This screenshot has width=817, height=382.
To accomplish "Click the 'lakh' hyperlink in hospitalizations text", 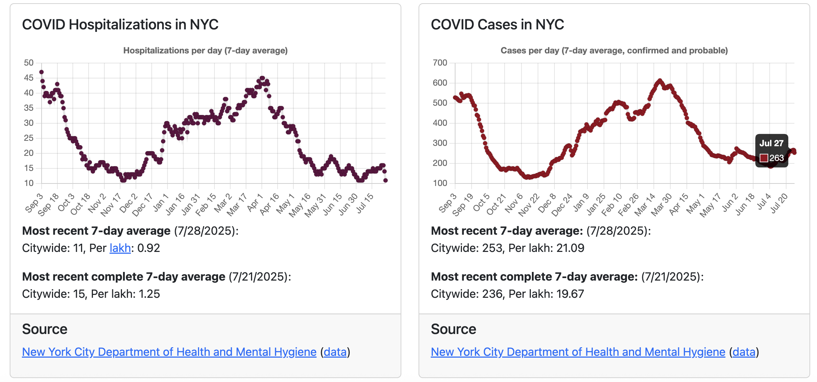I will tap(120, 248).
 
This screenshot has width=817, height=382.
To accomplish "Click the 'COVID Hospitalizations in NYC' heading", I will tap(120, 25).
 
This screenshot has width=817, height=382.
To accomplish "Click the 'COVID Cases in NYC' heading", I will tap(497, 25).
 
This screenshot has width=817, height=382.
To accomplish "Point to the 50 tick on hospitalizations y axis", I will tap(29, 63).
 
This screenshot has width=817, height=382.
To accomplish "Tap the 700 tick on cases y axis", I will tap(440, 63).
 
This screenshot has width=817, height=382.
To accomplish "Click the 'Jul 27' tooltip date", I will tap(771, 143).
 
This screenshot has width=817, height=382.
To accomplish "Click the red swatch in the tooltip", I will tap(764, 158).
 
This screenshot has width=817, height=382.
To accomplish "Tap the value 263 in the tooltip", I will tap(776, 158).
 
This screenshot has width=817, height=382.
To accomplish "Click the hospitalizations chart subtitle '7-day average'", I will tap(256, 51).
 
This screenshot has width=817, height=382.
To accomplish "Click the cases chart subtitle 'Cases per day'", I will tap(530, 51).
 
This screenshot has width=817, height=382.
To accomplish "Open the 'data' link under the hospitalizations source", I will tap(335, 352).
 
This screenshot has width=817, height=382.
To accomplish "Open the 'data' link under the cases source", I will tap(744, 352).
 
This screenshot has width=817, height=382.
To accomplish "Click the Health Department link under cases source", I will tap(578, 352).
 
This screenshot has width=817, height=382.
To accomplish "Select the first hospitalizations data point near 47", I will tap(41, 72).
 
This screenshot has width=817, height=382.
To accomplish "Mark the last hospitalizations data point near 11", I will tap(386, 180).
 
